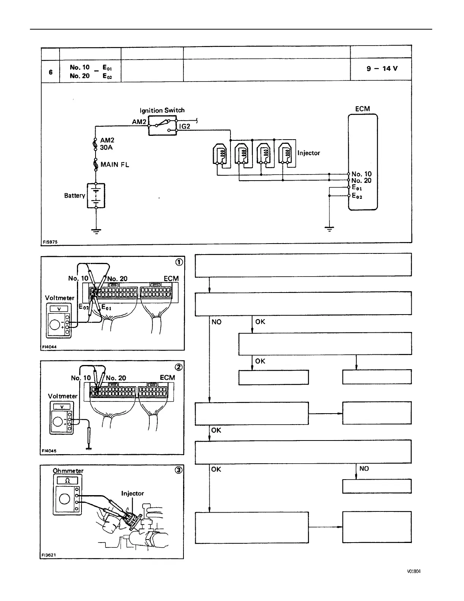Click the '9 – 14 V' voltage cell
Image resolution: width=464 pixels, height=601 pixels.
[x=381, y=69]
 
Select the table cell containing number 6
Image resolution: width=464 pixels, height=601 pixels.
[x=50, y=71]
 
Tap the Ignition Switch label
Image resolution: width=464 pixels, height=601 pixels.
[x=162, y=110]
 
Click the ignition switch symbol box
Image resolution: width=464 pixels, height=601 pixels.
[x=162, y=125]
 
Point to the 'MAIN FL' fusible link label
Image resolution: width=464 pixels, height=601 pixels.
[x=114, y=165]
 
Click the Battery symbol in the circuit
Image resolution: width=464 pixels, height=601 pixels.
[x=96, y=196]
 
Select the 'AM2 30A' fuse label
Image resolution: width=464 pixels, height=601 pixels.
[x=107, y=144]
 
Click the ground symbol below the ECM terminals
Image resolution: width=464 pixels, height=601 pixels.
[x=329, y=229]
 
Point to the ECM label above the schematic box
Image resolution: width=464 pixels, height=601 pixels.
[x=362, y=109]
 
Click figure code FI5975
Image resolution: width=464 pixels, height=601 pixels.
[x=50, y=241]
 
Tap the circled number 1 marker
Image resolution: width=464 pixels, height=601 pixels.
[x=179, y=262]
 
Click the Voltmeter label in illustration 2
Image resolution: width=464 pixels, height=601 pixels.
[x=63, y=396]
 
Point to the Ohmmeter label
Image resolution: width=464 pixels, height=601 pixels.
[x=68, y=471]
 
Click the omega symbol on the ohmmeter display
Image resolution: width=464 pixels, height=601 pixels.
[x=67, y=480]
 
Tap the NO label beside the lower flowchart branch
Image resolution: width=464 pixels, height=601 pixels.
[x=364, y=469]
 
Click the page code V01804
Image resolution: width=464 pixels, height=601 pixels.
[x=414, y=571]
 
